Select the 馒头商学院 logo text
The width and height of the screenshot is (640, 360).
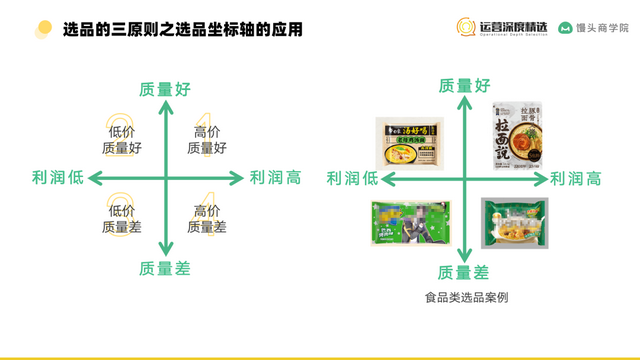pos(593,28)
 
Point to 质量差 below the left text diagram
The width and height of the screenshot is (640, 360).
pos(166,267)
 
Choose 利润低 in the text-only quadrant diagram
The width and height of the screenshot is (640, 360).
pos(58,178)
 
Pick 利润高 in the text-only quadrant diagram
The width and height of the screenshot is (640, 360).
pos(275,178)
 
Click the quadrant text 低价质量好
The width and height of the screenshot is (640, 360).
pos(122,140)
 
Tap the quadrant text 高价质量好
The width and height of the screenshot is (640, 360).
pos(207,140)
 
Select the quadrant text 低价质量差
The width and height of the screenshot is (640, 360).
pos(122,219)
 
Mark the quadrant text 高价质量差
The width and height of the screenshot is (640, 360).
pos(207,219)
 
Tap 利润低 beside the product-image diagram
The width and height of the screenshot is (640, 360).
pos(352,178)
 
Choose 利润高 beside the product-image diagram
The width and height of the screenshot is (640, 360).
pos(575,178)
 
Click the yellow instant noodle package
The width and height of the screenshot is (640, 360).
pos(410,141)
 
